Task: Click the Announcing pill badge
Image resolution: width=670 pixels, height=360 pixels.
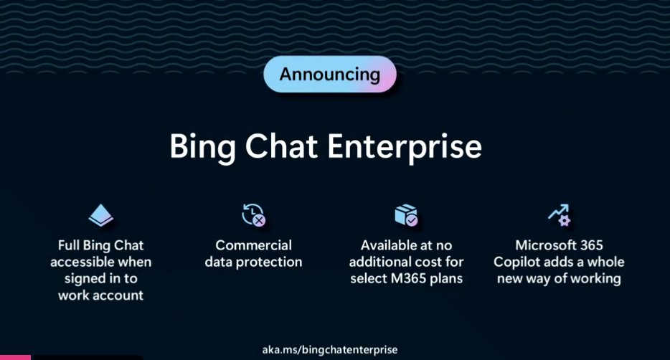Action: [x=330, y=75]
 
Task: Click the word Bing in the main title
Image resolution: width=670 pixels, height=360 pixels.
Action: [x=202, y=146]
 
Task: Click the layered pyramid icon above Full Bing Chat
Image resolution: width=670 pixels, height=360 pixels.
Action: [x=101, y=215]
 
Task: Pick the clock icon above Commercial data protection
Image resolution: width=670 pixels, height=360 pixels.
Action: [x=253, y=214]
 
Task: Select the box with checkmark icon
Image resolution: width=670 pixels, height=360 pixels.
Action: [x=406, y=214]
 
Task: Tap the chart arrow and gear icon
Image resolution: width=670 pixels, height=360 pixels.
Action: [x=558, y=214]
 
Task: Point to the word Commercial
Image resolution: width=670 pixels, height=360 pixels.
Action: [x=253, y=245]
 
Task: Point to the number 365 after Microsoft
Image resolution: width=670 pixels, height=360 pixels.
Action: [x=588, y=245]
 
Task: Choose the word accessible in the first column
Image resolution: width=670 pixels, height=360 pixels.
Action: [x=80, y=262]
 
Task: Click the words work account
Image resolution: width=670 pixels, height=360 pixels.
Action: [x=101, y=295]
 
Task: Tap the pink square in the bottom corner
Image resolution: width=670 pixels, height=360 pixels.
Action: [x=14, y=356]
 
